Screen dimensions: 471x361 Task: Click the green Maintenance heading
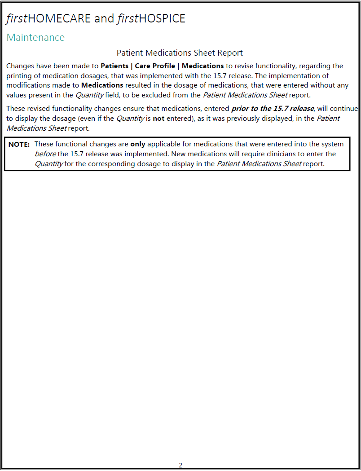click(35, 37)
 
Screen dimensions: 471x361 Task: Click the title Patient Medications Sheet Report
click(180, 53)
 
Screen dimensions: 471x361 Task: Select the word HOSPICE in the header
click(162, 18)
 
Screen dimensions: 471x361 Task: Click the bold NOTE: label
click(19, 144)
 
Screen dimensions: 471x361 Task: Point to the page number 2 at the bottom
click(180, 465)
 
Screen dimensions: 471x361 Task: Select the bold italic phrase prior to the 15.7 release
click(273, 109)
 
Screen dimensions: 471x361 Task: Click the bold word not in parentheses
click(158, 119)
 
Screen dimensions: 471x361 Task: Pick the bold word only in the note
click(138, 144)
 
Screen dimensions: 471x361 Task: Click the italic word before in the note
click(45, 154)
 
